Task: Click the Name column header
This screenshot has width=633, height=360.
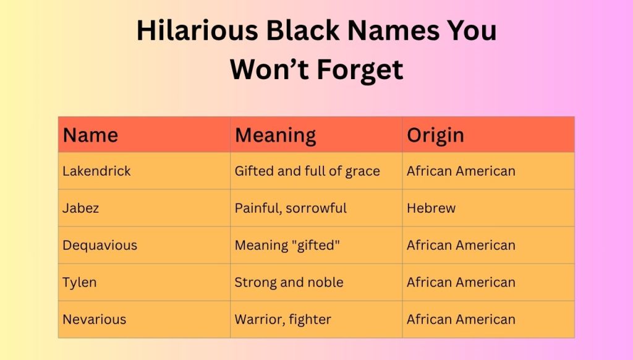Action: (90, 135)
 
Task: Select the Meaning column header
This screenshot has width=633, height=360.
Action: (275, 135)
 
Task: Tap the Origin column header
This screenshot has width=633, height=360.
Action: (435, 135)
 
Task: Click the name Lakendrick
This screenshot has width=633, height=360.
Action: (96, 171)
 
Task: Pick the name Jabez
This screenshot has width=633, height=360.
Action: (80, 208)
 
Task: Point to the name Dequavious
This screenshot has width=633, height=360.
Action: (100, 246)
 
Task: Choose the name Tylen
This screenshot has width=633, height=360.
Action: (80, 283)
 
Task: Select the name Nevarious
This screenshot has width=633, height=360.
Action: (94, 320)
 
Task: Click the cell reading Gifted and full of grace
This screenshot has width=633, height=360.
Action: (307, 171)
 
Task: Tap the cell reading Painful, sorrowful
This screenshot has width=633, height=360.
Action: (291, 208)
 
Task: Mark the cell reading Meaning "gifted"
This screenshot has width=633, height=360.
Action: (287, 246)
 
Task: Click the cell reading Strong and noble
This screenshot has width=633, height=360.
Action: (289, 283)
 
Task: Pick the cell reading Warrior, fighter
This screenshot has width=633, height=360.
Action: (283, 320)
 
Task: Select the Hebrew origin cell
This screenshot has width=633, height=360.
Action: (431, 208)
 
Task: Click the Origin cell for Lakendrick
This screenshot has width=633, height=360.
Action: (461, 171)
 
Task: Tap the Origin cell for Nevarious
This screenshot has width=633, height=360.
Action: (461, 320)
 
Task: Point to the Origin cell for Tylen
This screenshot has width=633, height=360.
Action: (461, 283)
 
